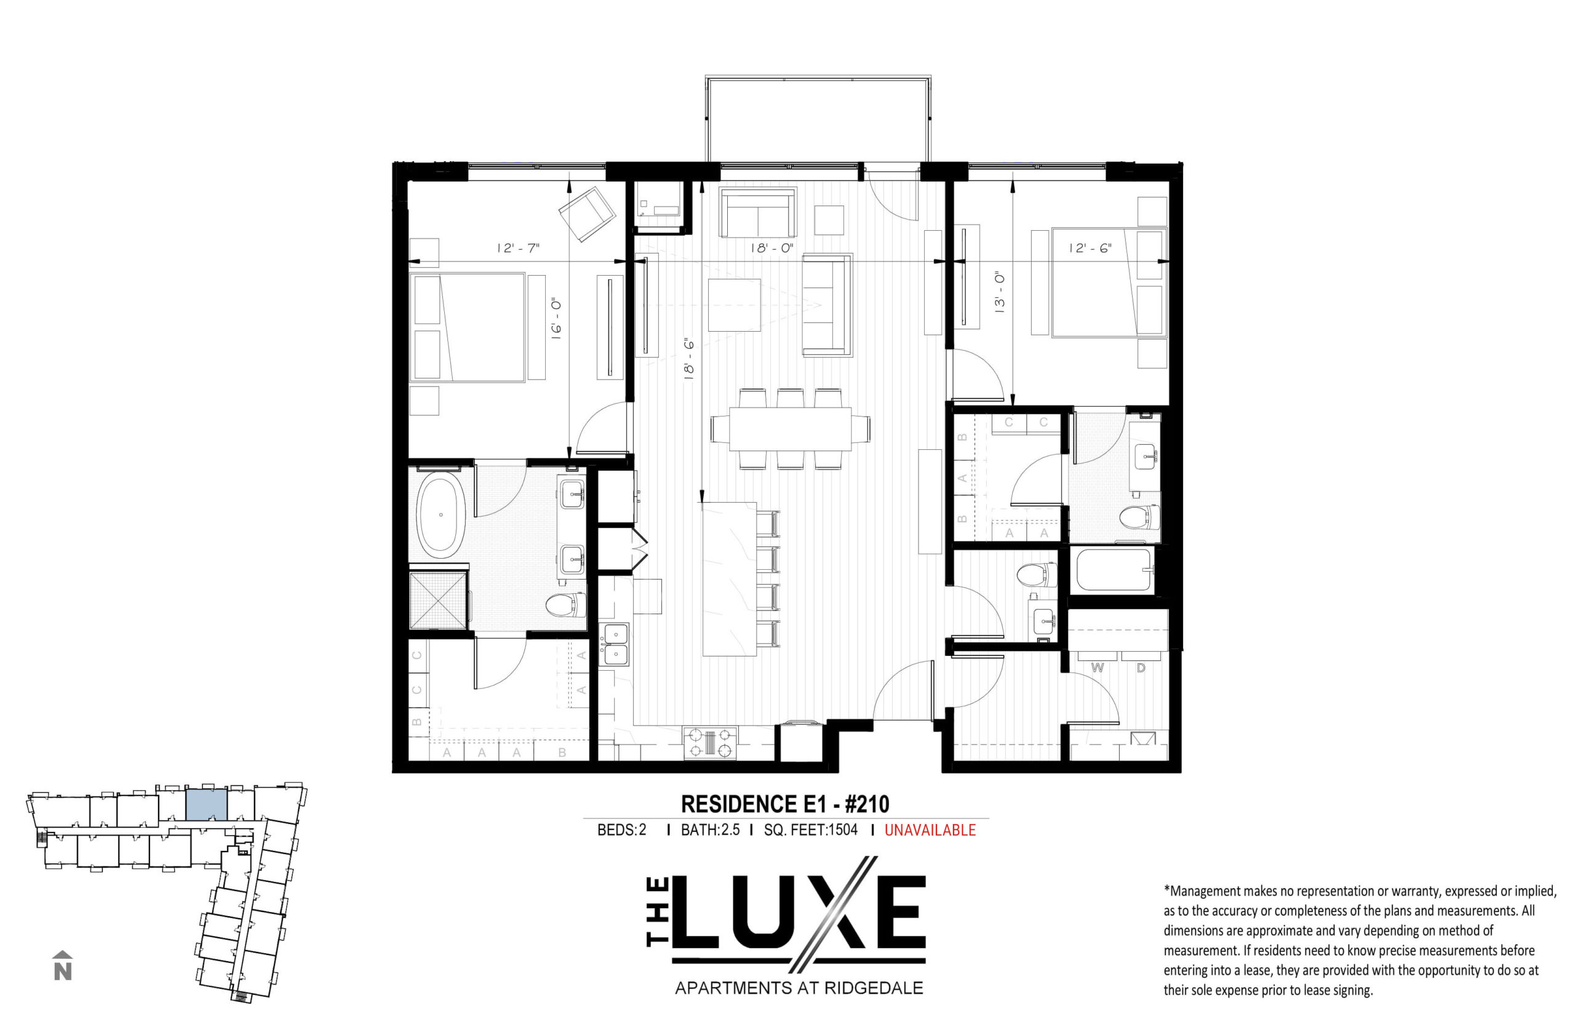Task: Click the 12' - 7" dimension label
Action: tap(518, 248)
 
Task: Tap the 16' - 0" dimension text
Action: tap(556, 319)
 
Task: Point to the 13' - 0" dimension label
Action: tap(1000, 291)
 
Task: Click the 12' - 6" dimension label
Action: tap(1090, 248)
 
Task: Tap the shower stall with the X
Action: tap(438, 601)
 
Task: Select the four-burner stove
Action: tap(710, 743)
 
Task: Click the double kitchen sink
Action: tap(615, 644)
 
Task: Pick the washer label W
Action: tap(1098, 668)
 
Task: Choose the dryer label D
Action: tap(1141, 668)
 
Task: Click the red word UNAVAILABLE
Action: tap(930, 829)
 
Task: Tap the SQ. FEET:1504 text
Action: tap(810, 829)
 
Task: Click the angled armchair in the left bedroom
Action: tap(587, 213)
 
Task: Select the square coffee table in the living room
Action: tap(733, 305)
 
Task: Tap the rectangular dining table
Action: tap(790, 429)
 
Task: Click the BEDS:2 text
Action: tap(621, 829)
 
